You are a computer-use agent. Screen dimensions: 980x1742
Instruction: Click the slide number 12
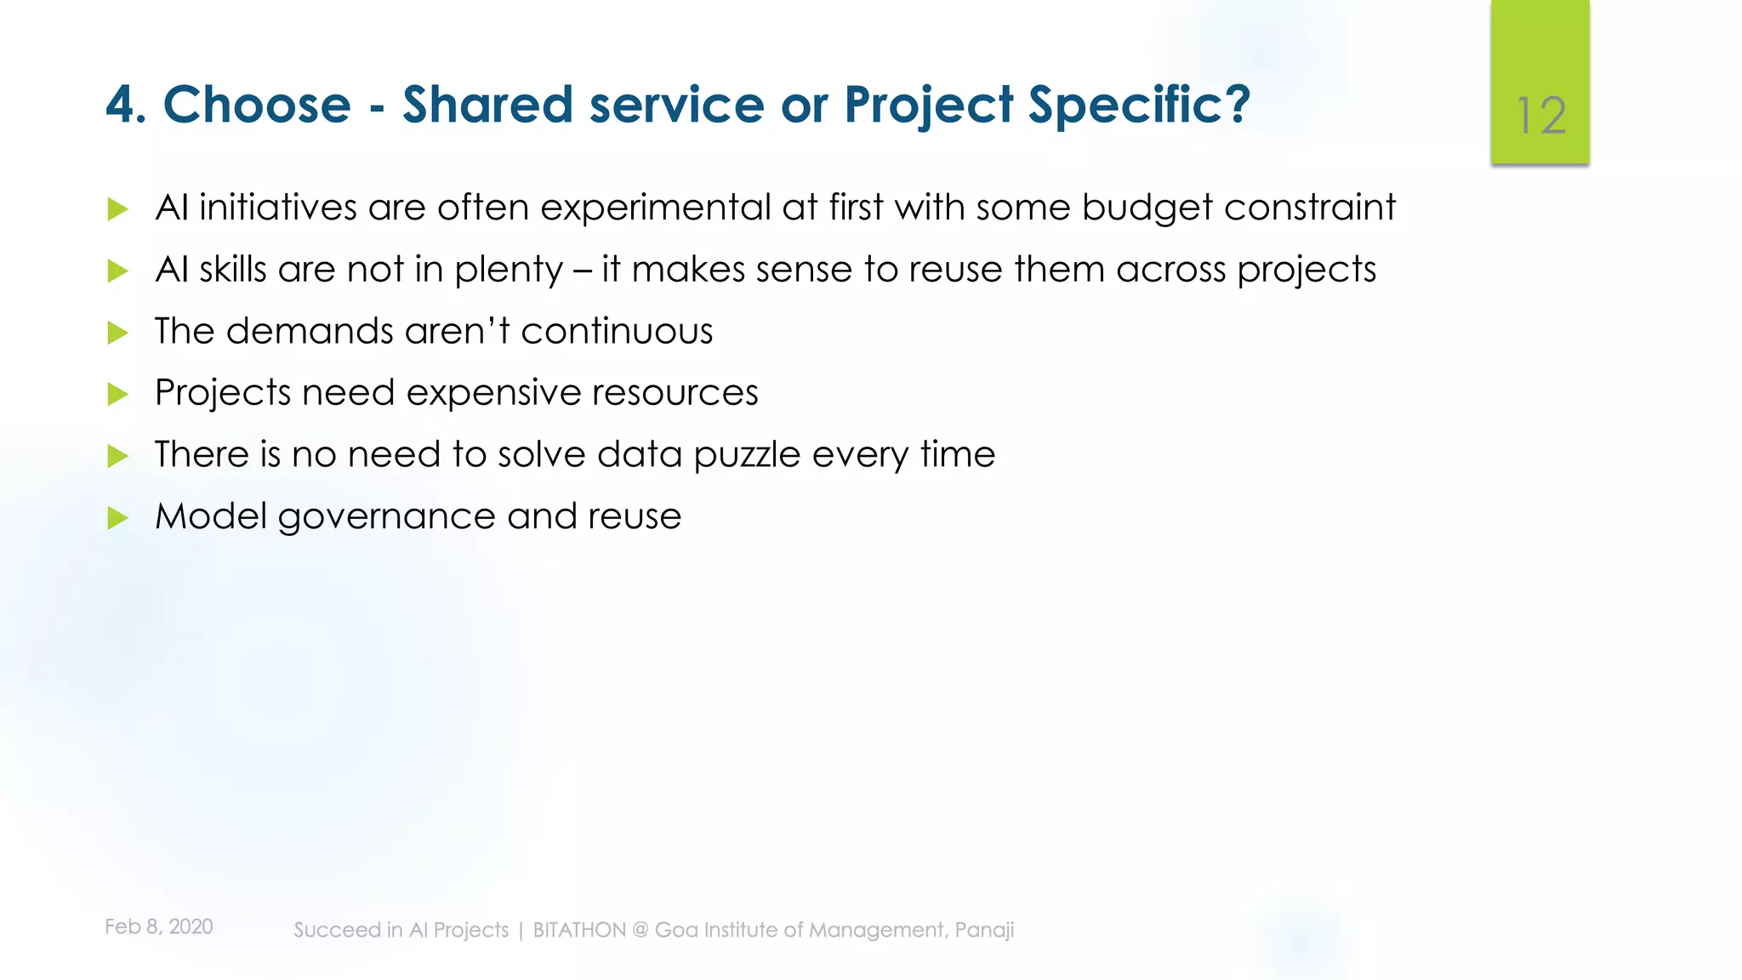[1541, 116]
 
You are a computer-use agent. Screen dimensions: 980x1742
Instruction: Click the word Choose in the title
[257, 105]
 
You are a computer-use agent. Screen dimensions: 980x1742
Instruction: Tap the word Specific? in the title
[1139, 105]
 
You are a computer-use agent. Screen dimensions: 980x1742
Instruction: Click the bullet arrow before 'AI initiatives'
[118, 209]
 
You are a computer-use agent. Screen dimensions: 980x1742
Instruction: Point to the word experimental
[655, 208]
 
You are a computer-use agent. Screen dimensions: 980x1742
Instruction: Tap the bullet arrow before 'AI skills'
[118, 271]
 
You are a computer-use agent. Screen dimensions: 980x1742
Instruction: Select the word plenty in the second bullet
[509, 271]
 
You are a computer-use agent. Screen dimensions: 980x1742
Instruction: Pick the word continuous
[617, 331]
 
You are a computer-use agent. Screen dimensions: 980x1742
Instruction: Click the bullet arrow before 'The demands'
[118, 333]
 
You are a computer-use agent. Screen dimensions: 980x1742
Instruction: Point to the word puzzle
[747, 455]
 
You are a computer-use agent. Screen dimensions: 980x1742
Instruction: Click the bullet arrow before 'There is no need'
[118, 456]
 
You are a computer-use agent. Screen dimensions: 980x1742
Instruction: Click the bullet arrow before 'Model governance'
[118, 518]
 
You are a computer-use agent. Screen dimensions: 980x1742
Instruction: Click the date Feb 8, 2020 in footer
[159, 926]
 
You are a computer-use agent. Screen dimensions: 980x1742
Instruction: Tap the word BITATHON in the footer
[579, 930]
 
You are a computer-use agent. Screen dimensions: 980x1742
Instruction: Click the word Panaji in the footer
[984, 930]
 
